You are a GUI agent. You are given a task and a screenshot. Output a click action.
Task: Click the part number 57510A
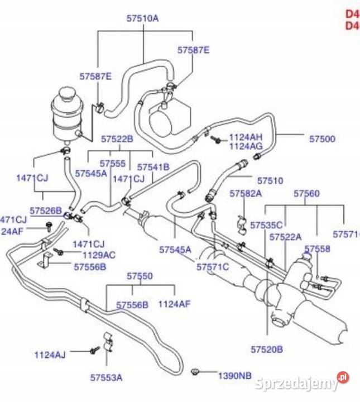142,18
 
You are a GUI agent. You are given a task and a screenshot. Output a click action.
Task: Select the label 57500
322,138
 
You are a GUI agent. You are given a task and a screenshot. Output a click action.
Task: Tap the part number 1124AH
246,137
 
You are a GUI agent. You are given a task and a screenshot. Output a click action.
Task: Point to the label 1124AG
246,146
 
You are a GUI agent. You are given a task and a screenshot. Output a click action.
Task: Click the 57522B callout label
117,138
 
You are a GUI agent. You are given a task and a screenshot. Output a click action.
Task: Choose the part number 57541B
153,167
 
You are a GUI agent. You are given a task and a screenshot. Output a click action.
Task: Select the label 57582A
246,193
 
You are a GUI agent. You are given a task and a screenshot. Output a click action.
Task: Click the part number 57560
307,193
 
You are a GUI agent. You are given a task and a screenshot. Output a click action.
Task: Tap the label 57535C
266,225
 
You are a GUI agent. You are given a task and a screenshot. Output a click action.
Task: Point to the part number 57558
317,249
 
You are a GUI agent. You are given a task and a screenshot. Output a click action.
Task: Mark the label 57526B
46,210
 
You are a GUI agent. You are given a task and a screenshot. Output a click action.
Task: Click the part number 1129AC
99,255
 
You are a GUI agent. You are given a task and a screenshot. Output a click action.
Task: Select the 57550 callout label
140,276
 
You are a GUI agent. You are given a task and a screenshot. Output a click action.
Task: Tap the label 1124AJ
50,354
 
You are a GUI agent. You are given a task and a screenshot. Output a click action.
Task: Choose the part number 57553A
106,377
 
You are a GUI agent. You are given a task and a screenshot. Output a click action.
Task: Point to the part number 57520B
266,350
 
